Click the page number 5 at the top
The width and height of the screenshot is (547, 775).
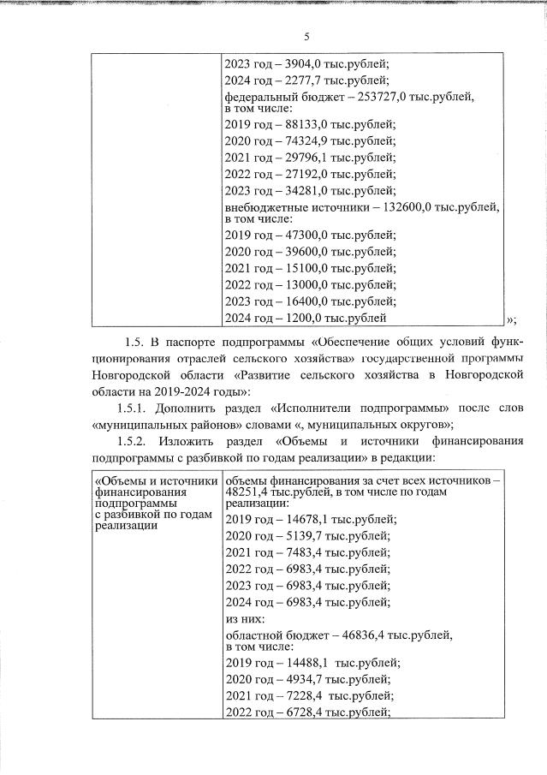(306, 35)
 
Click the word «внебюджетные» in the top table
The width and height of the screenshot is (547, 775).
(265, 207)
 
